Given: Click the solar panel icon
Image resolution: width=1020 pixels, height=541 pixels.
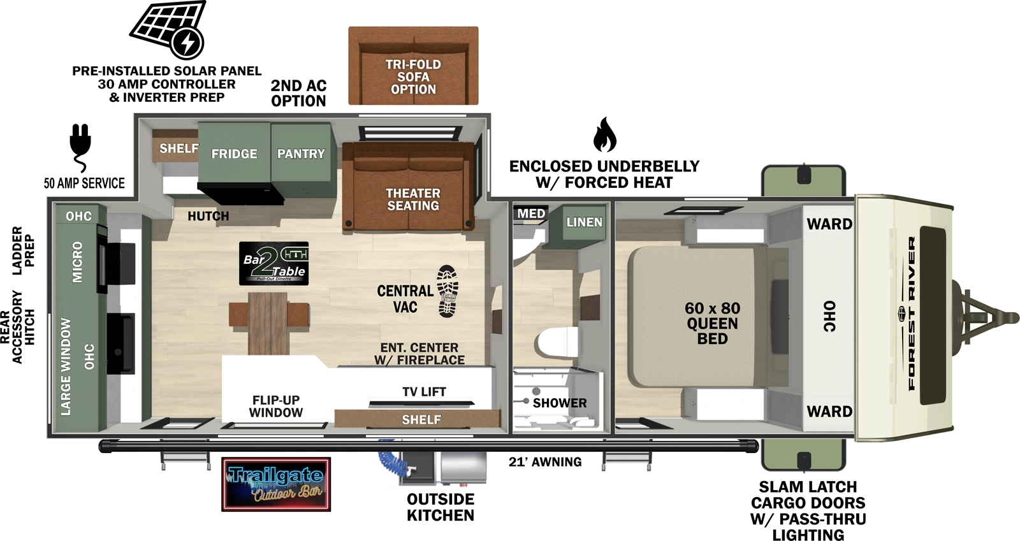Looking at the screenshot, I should pos(168,29).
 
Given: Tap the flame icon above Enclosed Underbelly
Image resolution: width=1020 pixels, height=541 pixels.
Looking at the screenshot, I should pos(604,134).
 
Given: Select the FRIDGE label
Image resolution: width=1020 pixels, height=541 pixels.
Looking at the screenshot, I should pos(234,154).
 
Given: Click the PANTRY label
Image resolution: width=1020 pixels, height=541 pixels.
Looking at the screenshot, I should pos(301,154).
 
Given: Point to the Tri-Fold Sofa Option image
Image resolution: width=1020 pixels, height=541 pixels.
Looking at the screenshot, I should pos(413,66).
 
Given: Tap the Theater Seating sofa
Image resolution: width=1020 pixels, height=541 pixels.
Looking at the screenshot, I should pos(409,191).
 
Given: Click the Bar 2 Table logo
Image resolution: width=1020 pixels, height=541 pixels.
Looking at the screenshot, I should pos(274,263).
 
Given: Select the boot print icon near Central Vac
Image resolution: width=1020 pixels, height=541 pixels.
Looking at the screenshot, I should pos(448,291).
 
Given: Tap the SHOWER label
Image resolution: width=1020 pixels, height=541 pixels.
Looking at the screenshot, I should pos(559,403).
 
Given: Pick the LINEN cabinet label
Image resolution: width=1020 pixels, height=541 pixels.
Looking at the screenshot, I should pos(584,222).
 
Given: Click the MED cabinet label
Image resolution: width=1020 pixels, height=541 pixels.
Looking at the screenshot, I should pos(531,213).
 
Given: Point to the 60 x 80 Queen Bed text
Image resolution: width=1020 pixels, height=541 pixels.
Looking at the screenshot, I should pos(712,323).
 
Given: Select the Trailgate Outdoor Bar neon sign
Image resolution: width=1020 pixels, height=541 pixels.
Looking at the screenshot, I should pos(276,484).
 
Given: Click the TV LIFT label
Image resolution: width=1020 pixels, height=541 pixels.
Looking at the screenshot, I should pos(424,392).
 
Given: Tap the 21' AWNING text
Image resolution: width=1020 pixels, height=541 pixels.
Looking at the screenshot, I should pos(545,462).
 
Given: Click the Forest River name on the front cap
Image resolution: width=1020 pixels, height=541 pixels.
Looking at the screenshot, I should pos(912,312).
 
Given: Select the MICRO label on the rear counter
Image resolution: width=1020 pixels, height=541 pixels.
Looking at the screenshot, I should pos(77,262).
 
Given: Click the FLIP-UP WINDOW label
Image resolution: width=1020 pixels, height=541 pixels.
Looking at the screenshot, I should pos(275,406).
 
